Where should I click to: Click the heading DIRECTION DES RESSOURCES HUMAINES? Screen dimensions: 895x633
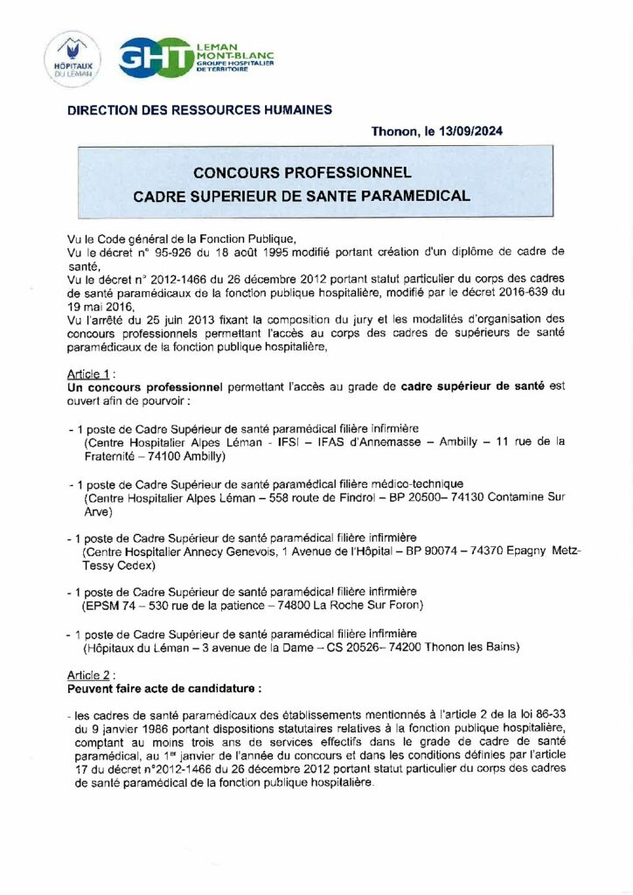[x=200, y=109]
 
